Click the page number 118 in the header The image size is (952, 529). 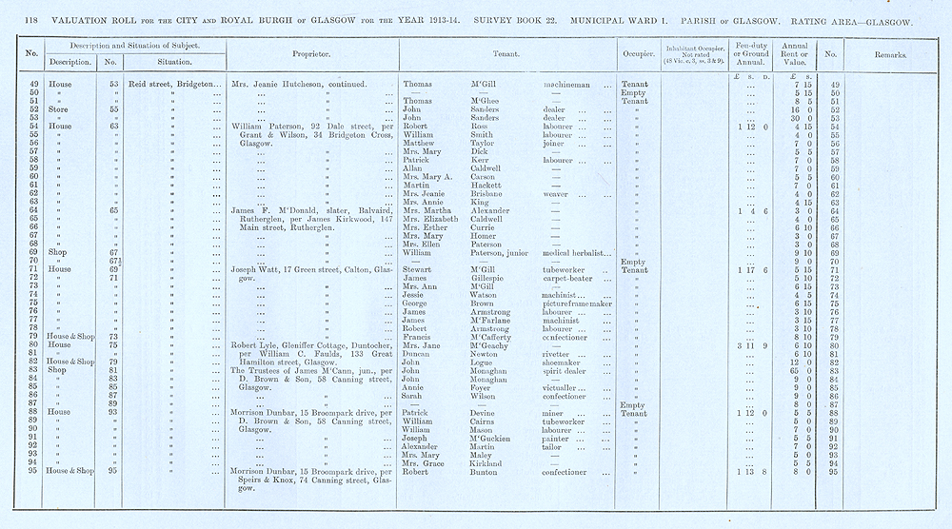click(18, 21)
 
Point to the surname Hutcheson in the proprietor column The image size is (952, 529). click(308, 84)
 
